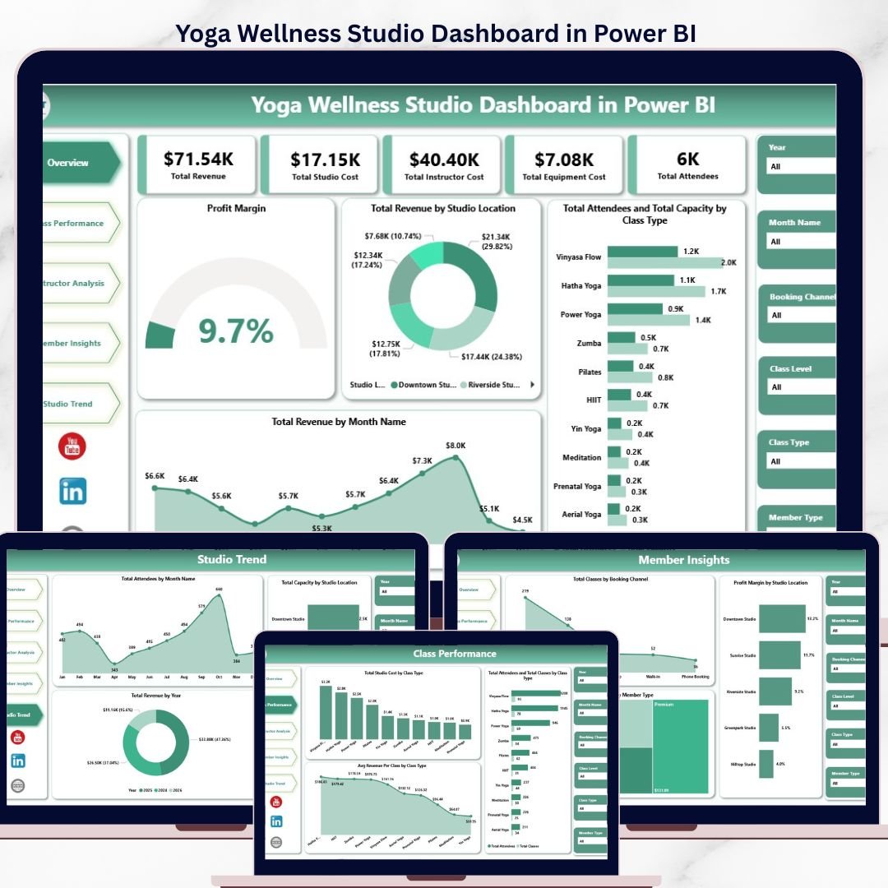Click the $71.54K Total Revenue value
(197, 159)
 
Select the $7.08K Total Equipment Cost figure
(564, 159)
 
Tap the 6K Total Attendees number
(687, 159)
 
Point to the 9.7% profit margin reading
(236, 330)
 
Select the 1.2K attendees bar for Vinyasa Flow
(642, 252)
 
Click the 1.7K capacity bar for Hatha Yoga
(656, 291)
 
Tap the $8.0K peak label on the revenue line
(456, 445)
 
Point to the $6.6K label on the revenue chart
(155, 476)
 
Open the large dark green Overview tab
(78, 163)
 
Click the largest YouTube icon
(72, 446)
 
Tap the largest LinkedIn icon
(72, 492)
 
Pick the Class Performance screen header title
(455, 654)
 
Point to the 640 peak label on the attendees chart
(219, 590)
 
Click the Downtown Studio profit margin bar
(781, 618)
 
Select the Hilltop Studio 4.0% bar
(766, 764)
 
